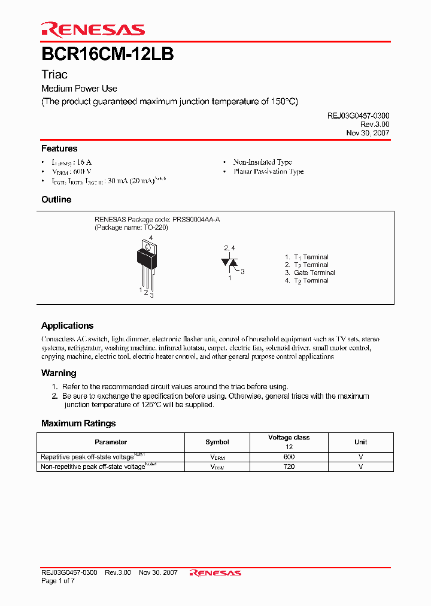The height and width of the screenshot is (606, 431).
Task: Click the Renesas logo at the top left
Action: (93, 29)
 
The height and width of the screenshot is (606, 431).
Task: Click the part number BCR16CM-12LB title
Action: (108, 54)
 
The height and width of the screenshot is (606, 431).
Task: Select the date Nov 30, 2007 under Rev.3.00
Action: (368, 133)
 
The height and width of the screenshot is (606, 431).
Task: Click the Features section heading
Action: (59, 149)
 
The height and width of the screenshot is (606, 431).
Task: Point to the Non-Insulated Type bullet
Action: (262, 162)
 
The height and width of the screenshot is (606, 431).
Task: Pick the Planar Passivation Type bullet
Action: (268, 172)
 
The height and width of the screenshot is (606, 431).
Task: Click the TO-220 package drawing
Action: (147, 263)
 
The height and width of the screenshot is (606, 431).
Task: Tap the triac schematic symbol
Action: (229, 262)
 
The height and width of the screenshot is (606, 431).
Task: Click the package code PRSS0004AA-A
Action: (196, 220)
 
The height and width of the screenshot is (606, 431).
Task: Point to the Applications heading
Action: (67, 326)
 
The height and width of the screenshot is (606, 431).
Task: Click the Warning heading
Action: (59, 373)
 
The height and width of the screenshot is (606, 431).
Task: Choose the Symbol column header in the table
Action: (217, 442)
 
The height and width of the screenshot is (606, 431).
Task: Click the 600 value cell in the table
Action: (289, 457)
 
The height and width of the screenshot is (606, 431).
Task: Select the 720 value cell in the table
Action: (289, 466)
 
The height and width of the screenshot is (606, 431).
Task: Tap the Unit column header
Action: (360, 442)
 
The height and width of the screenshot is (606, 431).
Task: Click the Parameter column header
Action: (111, 442)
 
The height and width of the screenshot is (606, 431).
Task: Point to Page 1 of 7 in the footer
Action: (57, 581)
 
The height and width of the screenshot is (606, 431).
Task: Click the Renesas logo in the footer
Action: (215, 573)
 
